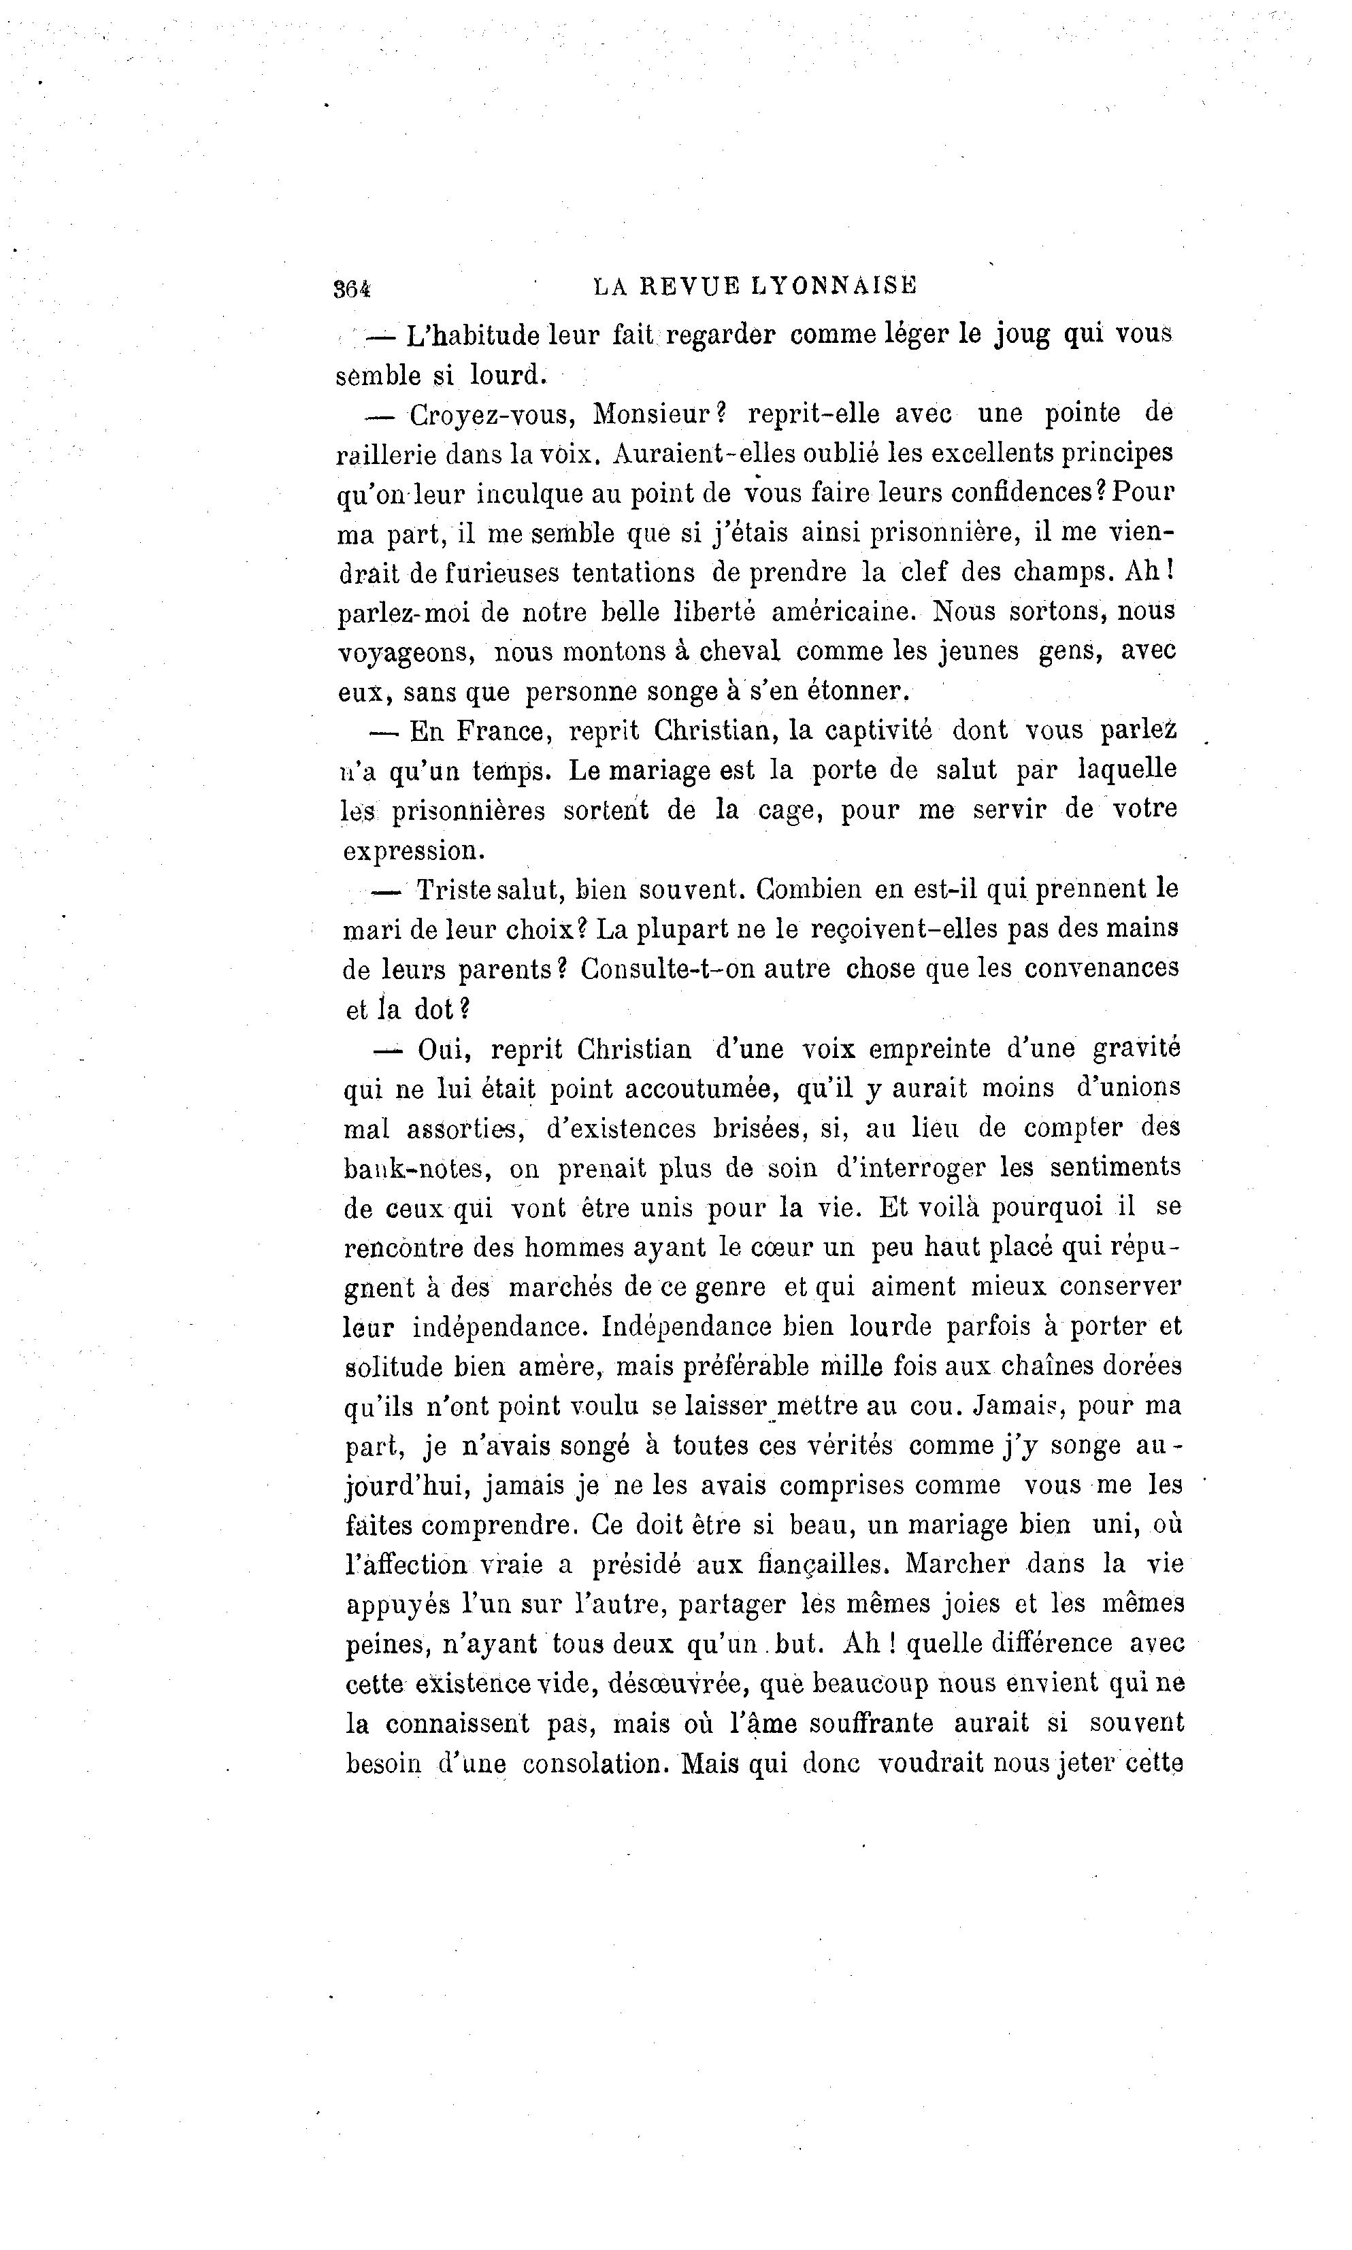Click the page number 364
[x=352, y=288]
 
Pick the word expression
[x=412, y=851]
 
